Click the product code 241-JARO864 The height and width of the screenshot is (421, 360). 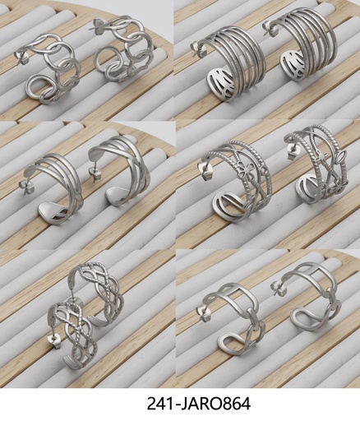198,404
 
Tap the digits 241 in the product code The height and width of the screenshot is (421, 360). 159,404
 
